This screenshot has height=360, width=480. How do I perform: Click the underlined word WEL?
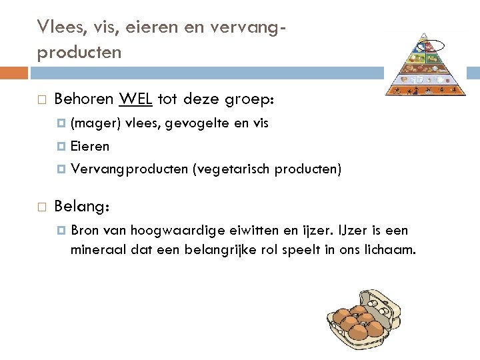136,99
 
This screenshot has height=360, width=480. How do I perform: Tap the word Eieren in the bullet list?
90,146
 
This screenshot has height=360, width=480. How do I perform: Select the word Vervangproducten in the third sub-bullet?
129,169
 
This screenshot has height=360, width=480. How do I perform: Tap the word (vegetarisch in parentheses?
231,169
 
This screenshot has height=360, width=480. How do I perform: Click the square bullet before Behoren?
41,100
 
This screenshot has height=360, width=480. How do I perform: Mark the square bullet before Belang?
41,207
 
